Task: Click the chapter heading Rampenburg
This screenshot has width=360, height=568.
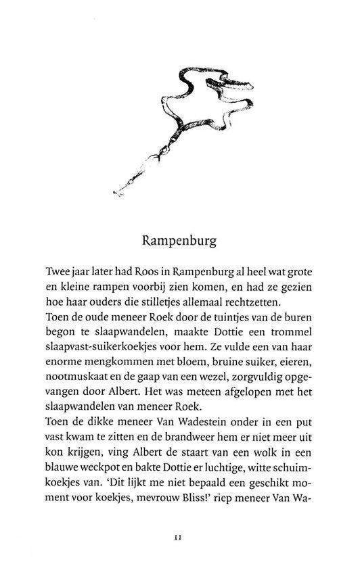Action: [x=180, y=240]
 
